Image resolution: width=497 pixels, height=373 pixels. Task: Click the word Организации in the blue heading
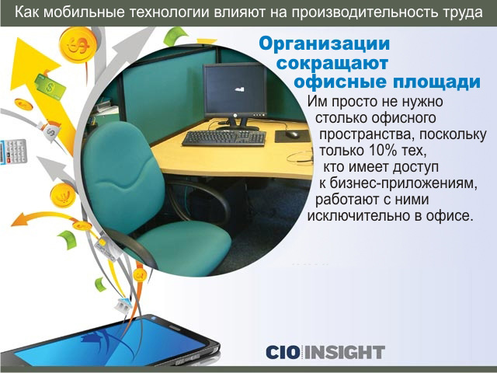click(325, 44)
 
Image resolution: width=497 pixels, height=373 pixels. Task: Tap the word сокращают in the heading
click(332, 63)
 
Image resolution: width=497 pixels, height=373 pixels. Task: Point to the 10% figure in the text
click(383, 150)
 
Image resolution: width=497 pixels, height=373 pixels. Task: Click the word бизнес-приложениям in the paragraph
click(404, 183)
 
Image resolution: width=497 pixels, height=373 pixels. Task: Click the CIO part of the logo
click(283, 352)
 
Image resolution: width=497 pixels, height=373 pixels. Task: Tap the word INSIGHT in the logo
click(345, 352)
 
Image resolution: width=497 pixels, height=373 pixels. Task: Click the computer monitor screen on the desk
click(235, 91)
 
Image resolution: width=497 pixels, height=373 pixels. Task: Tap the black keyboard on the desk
click(224, 138)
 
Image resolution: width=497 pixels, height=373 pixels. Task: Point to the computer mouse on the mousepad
click(292, 134)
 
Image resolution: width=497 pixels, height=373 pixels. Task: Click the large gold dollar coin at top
click(78, 44)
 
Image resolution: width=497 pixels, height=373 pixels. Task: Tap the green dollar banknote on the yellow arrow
click(50, 87)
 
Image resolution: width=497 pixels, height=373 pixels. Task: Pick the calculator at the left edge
click(12, 152)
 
